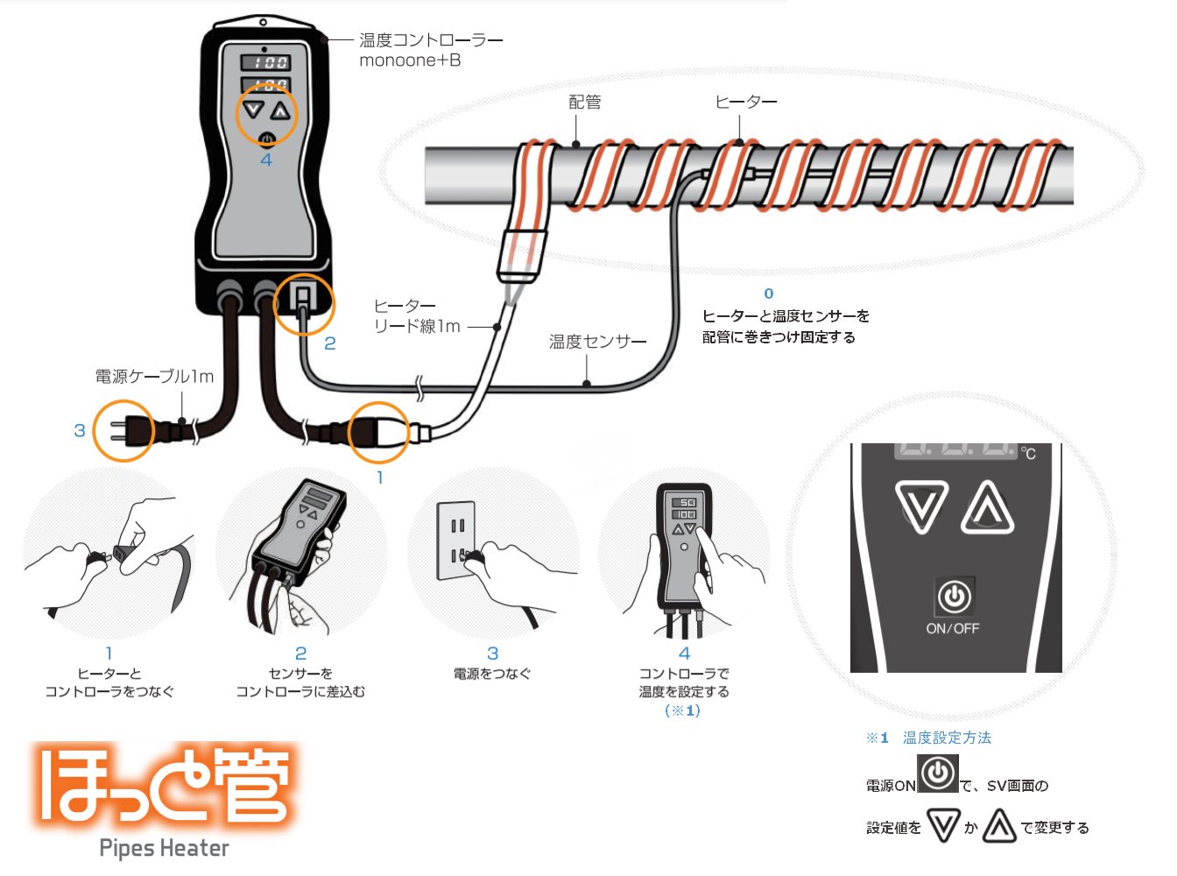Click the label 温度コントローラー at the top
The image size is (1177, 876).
point(431,40)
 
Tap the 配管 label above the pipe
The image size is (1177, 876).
point(585,102)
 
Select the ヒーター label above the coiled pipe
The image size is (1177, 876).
point(746,102)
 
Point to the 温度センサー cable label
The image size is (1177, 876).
point(597,342)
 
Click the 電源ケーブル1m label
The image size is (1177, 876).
point(154,377)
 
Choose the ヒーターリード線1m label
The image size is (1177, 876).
point(417,316)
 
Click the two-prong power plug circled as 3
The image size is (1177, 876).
point(123,431)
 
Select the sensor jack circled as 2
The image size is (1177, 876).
point(303,303)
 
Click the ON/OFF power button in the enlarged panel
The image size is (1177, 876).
point(954,597)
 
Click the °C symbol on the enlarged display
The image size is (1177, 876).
point(1028,453)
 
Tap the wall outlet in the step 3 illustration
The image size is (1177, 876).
point(456,540)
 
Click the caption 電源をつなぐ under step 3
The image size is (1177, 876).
point(492,674)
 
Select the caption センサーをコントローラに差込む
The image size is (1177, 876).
point(300,682)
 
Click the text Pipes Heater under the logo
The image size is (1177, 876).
point(164,848)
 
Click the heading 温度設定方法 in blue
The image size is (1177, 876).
point(947,738)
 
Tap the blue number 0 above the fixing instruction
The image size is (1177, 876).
point(769,293)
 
